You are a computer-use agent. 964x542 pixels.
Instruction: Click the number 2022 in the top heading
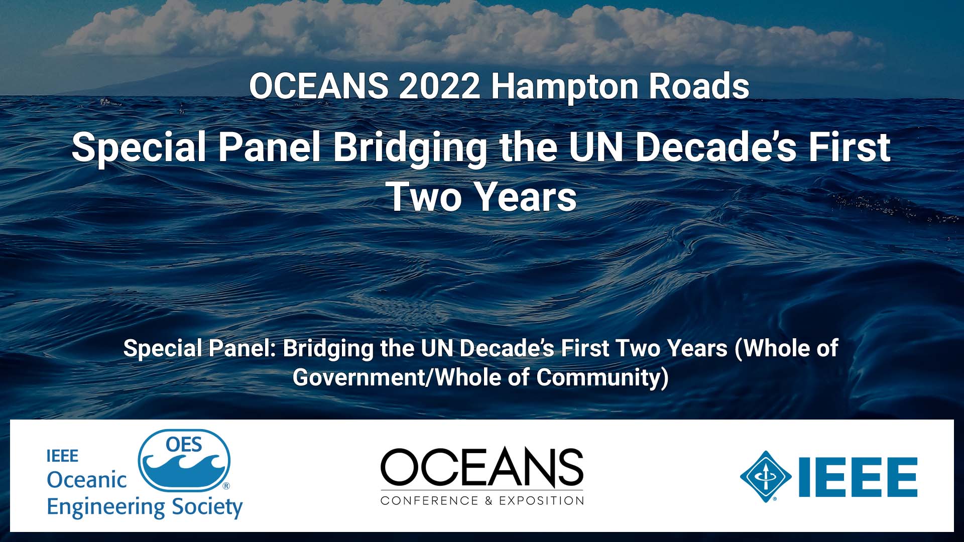tap(440, 86)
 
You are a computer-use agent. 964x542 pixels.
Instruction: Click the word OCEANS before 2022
tap(319, 86)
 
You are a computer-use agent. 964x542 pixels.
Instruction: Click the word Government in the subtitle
tap(358, 377)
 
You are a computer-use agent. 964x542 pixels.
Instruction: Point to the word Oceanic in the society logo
tap(86, 480)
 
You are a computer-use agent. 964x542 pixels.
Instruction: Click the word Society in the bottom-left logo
tap(207, 508)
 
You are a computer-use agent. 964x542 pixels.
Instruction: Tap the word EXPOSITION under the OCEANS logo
tap(541, 500)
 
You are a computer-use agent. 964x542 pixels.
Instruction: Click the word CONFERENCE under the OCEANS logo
tap(429, 500)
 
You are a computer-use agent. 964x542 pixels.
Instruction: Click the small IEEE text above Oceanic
tap(62, 456)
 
